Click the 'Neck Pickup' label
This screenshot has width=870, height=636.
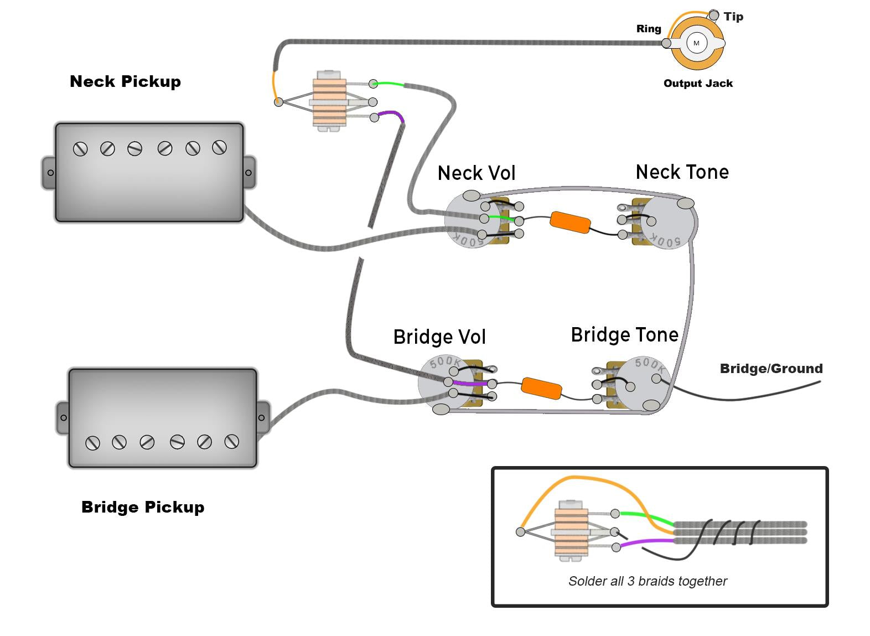point(125,81)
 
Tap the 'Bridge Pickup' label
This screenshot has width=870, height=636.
point(143,507)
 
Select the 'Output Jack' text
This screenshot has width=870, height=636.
point(698,84)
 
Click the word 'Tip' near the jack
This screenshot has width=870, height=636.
point(733,17)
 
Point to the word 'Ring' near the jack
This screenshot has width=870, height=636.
point(649,29)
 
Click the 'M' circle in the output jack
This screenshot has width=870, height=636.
point(696,43)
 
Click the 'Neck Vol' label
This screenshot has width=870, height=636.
point(477,173)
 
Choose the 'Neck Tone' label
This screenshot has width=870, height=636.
point(682,172)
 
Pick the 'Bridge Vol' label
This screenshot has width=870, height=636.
point(439,337)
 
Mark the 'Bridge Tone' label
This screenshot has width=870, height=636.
point(624,335)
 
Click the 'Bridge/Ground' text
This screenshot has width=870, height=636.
point(771,369)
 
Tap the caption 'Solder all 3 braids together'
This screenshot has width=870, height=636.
point(648,581)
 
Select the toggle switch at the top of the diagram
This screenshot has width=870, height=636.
point(330,100)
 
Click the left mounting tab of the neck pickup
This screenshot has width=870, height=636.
point(49,173)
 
